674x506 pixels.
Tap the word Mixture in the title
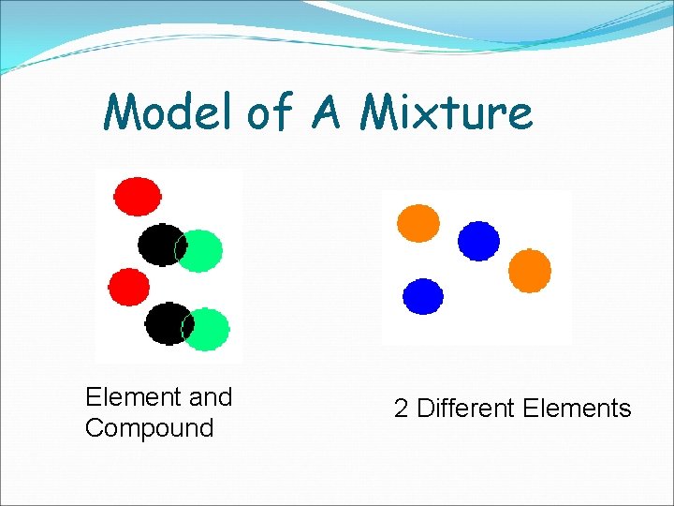pyautogui.click(x=447, y=113)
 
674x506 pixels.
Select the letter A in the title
pyautogui.click(x=325, y=113)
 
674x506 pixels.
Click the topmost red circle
pyautogui.click(x=137, y=194)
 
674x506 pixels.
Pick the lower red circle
pyautogui.click(x=128, y=287)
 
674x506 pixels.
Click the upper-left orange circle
pyautogui.click(x=418, y=223)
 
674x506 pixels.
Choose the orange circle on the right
pyautogui.click(x=529, y=270)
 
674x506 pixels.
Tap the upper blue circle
pyautogui.click(x=478, y=240)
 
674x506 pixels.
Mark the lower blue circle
pyautogui.click(x=423, y=296)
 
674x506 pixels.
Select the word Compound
pyautogui.click(x=149, y=428)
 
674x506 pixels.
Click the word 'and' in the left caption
pyautogui.click(x=211, y=397)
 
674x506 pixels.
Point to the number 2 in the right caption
pyautogui.click(x=401, y=409)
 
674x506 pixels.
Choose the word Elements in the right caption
pyautogui.click(x=578, y=409)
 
